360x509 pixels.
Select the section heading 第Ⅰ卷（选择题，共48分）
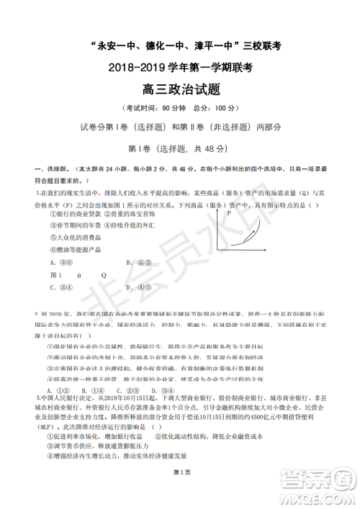[179, 148]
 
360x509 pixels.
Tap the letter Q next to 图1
[104, 275]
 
